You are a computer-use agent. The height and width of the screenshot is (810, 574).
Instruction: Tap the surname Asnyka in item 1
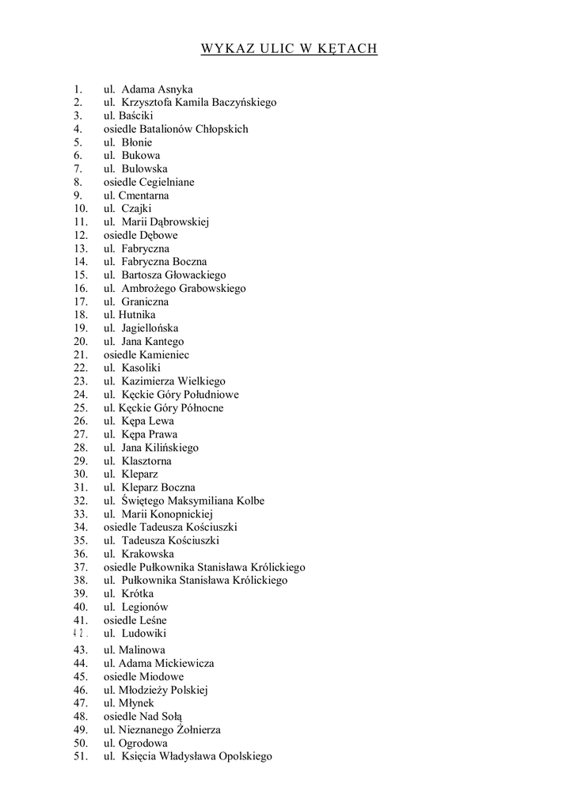(x=175, y=89)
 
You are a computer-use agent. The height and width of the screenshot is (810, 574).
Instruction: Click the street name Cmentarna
(x=143, y=195)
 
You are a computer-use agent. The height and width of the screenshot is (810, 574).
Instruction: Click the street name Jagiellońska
(x=150, y=328)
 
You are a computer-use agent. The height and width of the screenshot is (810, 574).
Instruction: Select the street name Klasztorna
(x=146, y=461)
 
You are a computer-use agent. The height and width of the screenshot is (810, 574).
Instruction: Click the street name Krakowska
(x=147, y=554)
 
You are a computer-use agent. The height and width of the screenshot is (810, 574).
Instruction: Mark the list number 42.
(x=80, y=634)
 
